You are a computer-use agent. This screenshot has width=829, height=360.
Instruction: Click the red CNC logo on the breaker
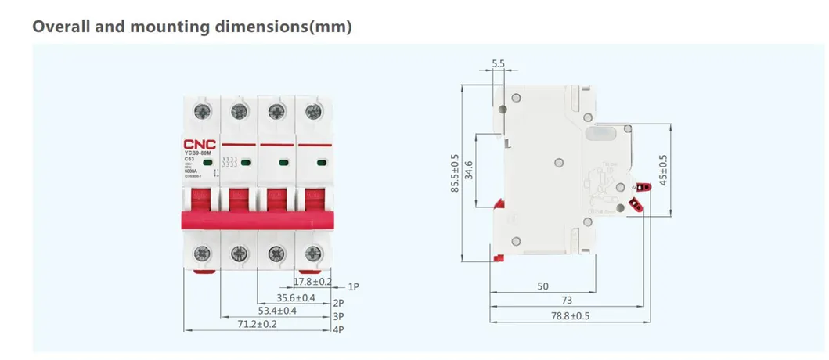201,144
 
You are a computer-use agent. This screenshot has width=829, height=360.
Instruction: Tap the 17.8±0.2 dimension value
312,282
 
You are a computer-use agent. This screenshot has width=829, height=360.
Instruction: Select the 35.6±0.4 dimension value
296,298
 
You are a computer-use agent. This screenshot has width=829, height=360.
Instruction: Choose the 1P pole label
353,287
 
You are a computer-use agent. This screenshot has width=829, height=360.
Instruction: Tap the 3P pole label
338,316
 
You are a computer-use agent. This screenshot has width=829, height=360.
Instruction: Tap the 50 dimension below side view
542,286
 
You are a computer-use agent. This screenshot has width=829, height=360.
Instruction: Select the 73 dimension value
567,301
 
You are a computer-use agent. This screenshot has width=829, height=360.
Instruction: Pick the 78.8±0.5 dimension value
571,316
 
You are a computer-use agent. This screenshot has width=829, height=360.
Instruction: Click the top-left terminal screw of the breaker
201,111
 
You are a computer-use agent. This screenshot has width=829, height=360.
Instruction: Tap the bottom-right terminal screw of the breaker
314,253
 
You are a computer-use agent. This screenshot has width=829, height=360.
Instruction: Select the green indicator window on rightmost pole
321,163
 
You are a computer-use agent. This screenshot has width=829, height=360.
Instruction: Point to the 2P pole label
338,303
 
